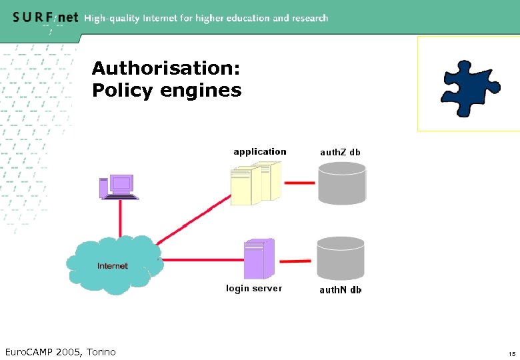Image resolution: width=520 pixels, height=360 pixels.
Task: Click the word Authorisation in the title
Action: [166, 68]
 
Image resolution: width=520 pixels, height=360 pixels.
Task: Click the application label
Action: [259, 152]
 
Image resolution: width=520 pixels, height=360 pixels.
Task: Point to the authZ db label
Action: [340, 152]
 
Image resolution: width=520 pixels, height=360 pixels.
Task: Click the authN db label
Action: [340, 290]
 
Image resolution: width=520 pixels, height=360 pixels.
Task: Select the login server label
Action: [254, 289]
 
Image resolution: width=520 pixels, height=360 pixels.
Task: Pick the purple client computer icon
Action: [119, 187]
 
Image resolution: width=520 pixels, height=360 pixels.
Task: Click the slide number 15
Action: [511, 353]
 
